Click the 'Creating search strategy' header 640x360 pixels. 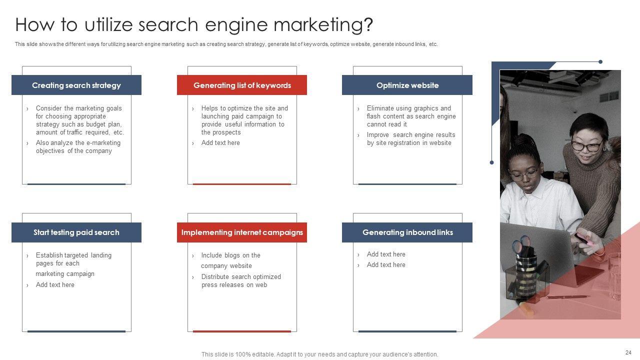(x=76, y=85)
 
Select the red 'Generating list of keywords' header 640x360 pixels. (x=242, y=85)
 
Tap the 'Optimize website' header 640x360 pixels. (x=407, y=85)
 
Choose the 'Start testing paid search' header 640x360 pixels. (x=76, y=232)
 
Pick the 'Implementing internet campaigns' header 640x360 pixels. (x=242, y=232)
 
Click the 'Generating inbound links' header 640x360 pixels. (x=407, y=232)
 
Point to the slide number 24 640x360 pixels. (x=628, y=352)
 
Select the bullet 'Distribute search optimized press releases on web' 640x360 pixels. (x=240, y=281)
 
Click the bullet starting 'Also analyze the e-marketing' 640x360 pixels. (x=77, y=147)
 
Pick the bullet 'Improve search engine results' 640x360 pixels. (x=410, y=139)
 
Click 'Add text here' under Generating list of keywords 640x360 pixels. (x=220, y=143)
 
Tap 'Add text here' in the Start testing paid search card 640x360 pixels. (x=55, y=285)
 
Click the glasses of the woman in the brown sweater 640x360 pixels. (x=587, y=146)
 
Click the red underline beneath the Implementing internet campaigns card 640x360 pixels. (x=242, y=331)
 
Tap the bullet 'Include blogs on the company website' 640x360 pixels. (x=230, y=260)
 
